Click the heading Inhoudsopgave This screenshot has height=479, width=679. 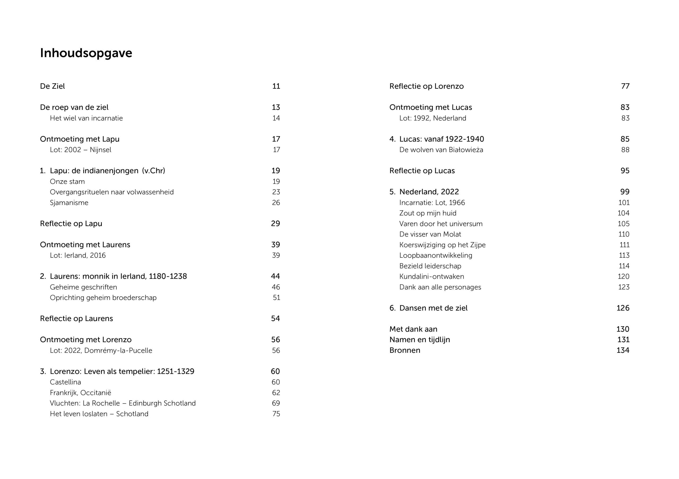(x=86, y=54)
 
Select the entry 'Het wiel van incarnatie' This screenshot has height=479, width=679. (x=86, y=118)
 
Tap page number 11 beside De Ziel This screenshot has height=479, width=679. (x=276, y=86)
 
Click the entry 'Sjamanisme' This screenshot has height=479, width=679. (x=69, y=203)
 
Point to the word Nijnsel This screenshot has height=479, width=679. (x=101, y=150)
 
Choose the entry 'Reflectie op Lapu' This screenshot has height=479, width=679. (x=71, y=224)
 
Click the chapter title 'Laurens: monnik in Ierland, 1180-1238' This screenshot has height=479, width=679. (x=118, y=276)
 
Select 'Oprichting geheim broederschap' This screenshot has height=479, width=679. (x=103, y=298)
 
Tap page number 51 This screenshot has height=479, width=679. (x=276, y=298)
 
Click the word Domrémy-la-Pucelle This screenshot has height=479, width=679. (x=118, y=350)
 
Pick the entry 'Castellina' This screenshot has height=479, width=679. (x=65, y=382)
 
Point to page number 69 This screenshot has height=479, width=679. (x=276, y=403)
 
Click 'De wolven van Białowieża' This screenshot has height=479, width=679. (x=441, y=150)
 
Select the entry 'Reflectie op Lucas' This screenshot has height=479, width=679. (x=422, y=171)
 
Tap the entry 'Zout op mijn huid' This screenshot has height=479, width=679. (x=428, y=213)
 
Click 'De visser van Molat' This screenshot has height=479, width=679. (x=430, y=234)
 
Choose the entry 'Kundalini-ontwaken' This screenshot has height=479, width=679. (x=432, y=276)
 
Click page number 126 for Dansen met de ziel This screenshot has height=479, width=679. (x=623, y=308)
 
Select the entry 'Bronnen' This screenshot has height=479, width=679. (x=404, y=350)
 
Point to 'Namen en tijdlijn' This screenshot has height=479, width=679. (x=419, y=340)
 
